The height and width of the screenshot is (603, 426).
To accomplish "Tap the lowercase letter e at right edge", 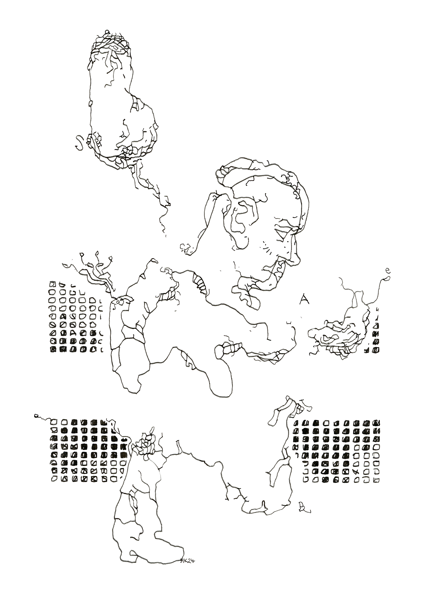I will (x=388, y=270).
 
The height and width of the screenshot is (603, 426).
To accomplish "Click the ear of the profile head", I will (x=241, y=219).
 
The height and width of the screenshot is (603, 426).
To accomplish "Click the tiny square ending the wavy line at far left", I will (x=37, y=416).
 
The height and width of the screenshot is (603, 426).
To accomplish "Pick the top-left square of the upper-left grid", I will (x=53, y=284).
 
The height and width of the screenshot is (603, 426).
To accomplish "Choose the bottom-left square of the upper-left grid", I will (x=53, y=350).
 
